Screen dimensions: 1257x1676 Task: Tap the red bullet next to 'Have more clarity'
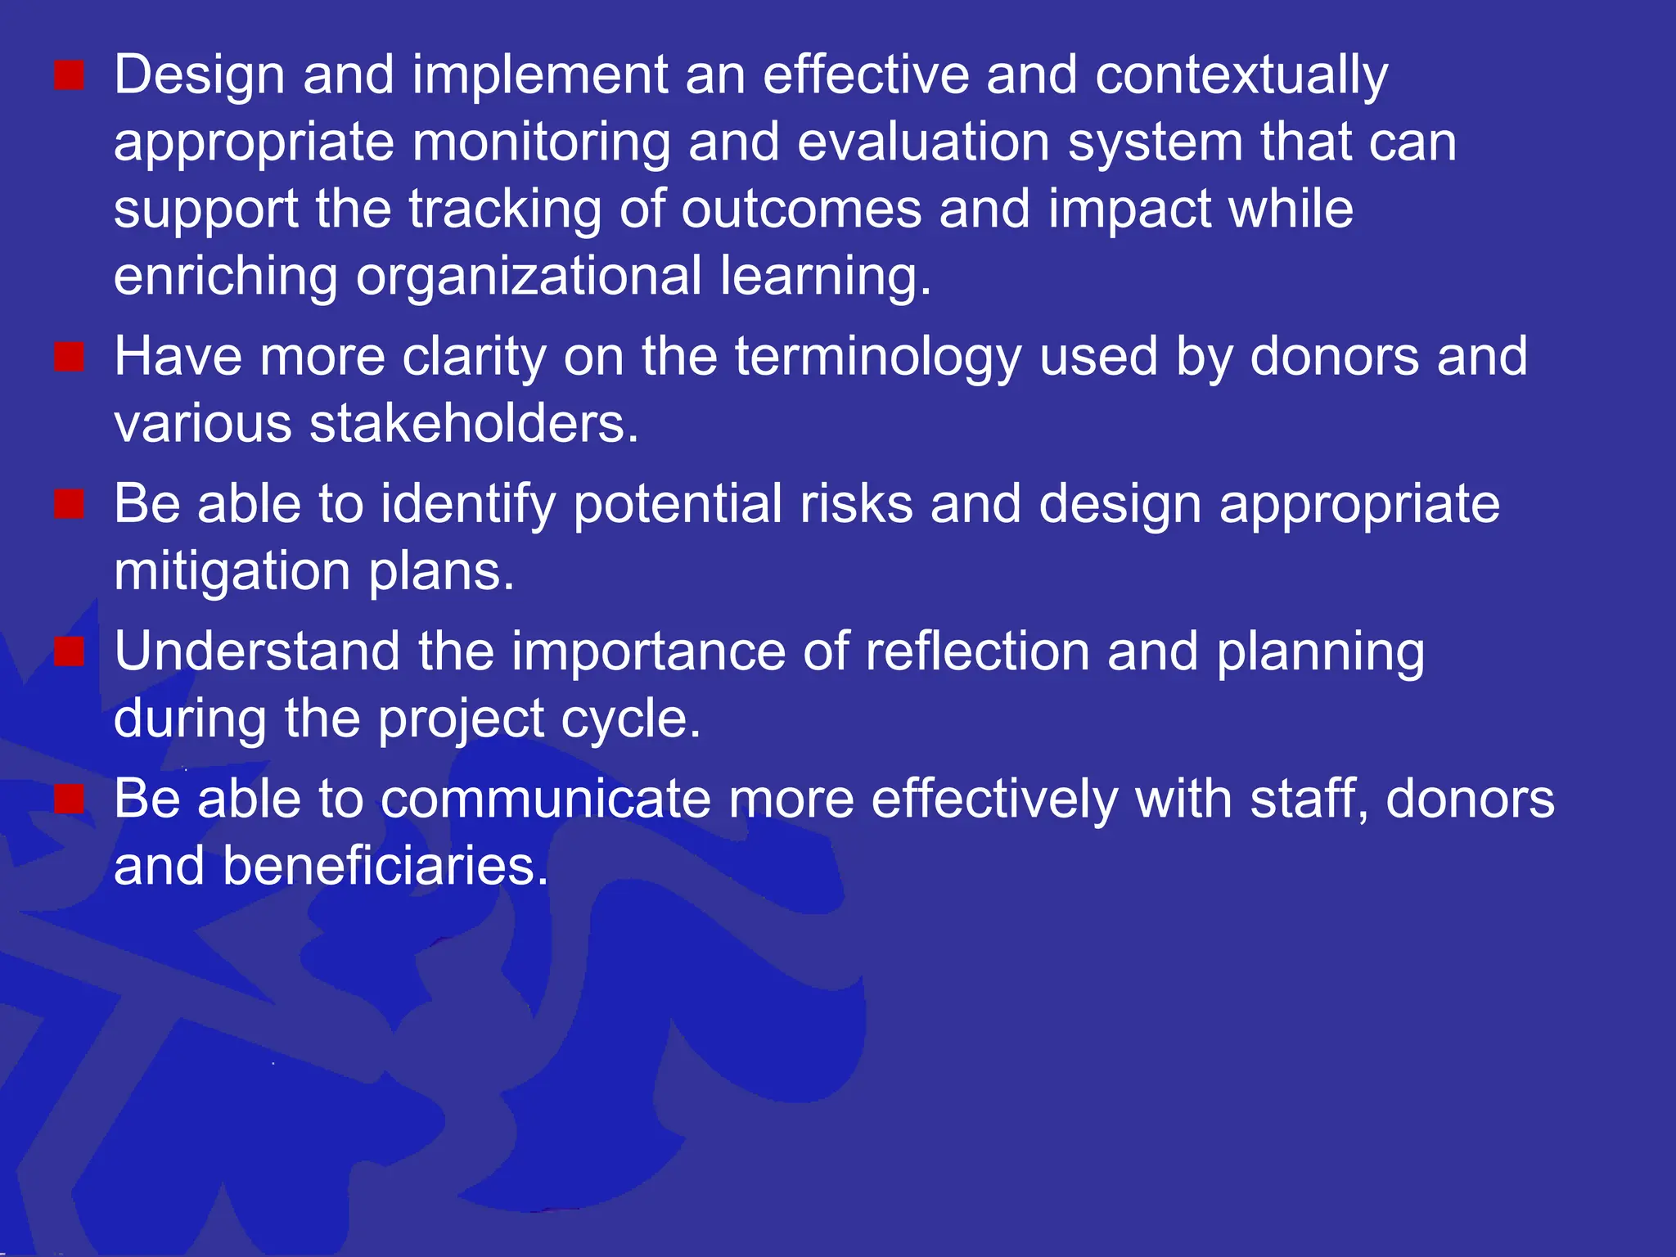click(70, 358)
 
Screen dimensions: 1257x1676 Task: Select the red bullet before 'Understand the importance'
click(70, 652)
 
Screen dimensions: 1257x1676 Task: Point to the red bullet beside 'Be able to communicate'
click(70, 800)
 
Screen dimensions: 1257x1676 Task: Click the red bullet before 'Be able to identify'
click(70, 505)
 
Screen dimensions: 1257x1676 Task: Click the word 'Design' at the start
click(199, 75)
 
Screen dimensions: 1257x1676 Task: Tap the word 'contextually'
click(1241, 75)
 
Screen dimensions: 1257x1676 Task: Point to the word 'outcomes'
click(801, 209)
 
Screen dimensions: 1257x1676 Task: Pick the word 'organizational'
click(529, 277)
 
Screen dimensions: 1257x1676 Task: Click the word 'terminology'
click(878, 358)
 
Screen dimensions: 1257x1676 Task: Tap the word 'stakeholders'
click(473, 425)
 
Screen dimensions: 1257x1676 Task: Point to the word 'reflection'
click(977, 652)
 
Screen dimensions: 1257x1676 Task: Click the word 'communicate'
click(547, 800)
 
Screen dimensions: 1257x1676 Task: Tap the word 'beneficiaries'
click(385, 867)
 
